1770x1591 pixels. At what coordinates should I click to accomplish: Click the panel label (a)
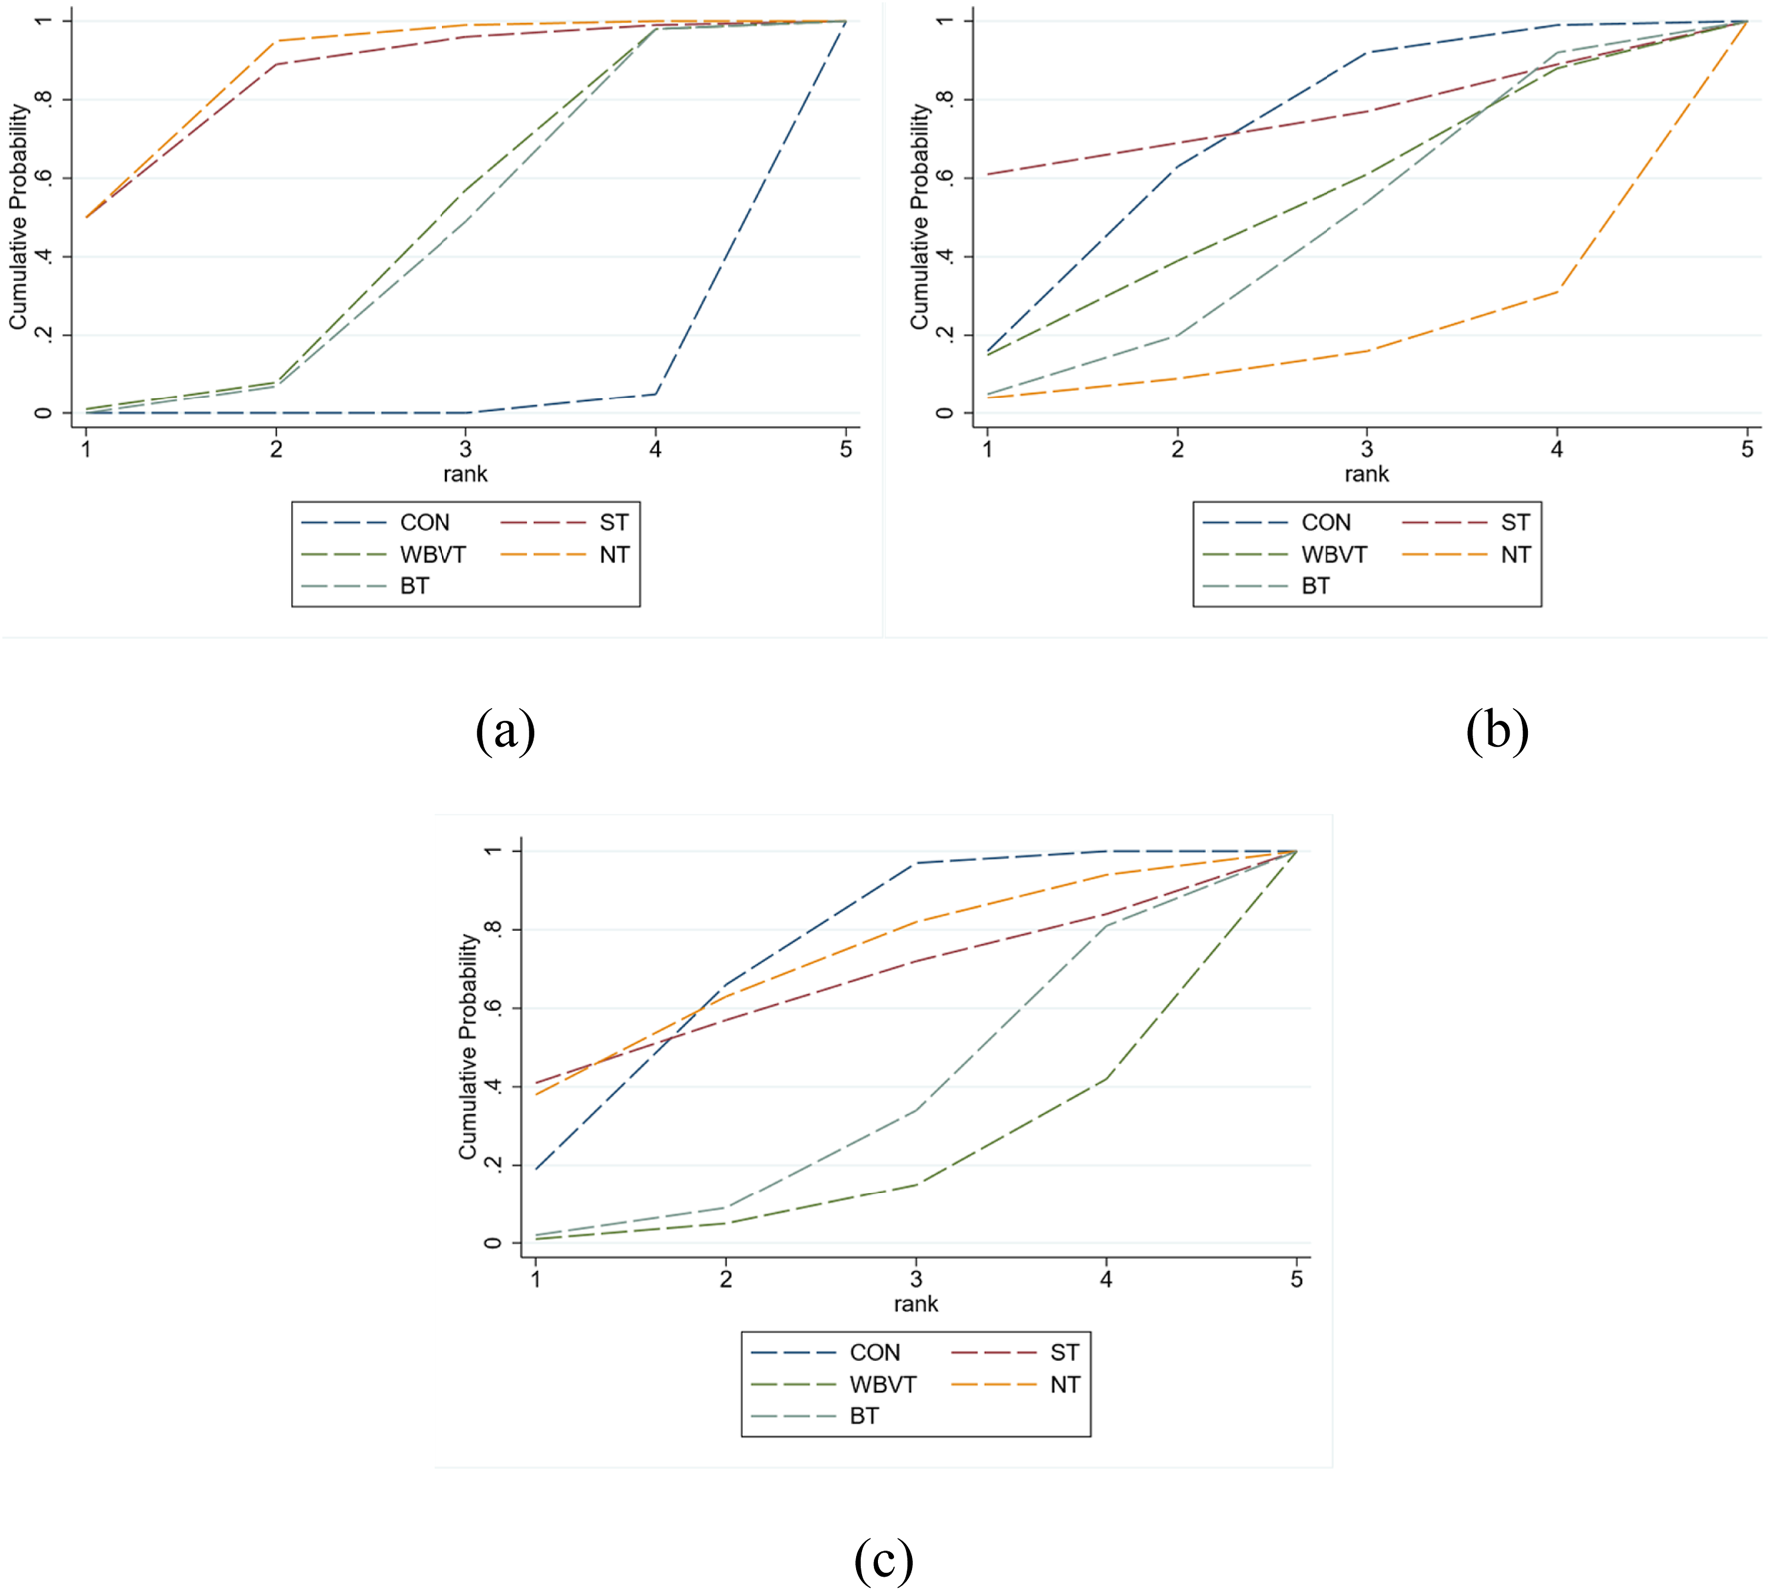[505, 731]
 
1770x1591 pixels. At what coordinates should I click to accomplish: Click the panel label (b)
[1496, 731]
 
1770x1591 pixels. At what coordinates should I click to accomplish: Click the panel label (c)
[883, 1559]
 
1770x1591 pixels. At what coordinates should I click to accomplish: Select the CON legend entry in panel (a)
[424, 523]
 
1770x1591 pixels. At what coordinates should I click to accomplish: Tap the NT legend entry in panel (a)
[614, 555]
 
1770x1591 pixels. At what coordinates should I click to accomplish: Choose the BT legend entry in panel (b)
[1315, 587]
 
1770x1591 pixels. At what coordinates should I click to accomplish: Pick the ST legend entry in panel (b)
[1514, 523]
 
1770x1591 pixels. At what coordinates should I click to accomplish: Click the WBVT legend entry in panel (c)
[882, 1385]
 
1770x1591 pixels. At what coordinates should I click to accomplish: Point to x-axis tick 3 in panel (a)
[466, 450]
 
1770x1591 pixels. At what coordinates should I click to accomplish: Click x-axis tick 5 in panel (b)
[1747, 450]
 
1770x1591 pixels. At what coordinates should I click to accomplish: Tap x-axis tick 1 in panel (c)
[536, 1280]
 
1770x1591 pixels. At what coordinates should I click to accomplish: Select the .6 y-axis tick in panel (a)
[43, 178]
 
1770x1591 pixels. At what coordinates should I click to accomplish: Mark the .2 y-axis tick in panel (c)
[492, 1165]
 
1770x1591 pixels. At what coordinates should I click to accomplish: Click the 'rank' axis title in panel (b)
[1366, 475]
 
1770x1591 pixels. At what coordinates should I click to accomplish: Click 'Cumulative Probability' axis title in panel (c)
[467, 1046]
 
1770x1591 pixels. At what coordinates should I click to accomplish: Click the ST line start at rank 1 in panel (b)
[988, 174]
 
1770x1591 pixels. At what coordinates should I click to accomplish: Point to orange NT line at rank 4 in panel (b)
[1557, 291]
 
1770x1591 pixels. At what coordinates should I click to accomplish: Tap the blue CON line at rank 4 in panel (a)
[656, 394]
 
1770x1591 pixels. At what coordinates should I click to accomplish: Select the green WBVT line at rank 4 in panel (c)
[1106, 1078]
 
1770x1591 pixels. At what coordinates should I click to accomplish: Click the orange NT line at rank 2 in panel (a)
[277, 41]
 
